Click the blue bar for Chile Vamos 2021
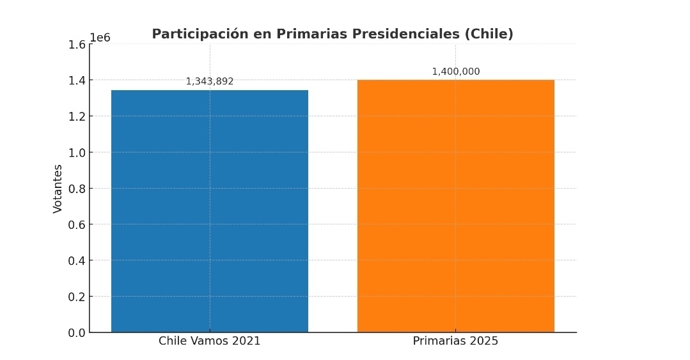pos(210,211)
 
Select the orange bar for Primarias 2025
pos(455,206)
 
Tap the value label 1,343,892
pos(210,82)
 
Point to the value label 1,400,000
pos(455,72)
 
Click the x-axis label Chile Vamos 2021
pos(210,341)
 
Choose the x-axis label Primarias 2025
pos(455,341)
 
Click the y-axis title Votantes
pos(58,189)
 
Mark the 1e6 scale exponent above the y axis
pos(100,38)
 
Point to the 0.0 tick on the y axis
pos(77,333)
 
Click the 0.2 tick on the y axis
pos(77,297)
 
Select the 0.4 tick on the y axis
pos(77,260)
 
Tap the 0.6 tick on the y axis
pos(77,224)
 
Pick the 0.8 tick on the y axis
pos(77,189)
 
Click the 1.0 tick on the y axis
pos(77,152)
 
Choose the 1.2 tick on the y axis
pos(77,116)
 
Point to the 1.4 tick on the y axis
pos(77,81)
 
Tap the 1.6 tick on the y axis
pos(77,45)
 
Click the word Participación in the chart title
pos(200,35)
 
